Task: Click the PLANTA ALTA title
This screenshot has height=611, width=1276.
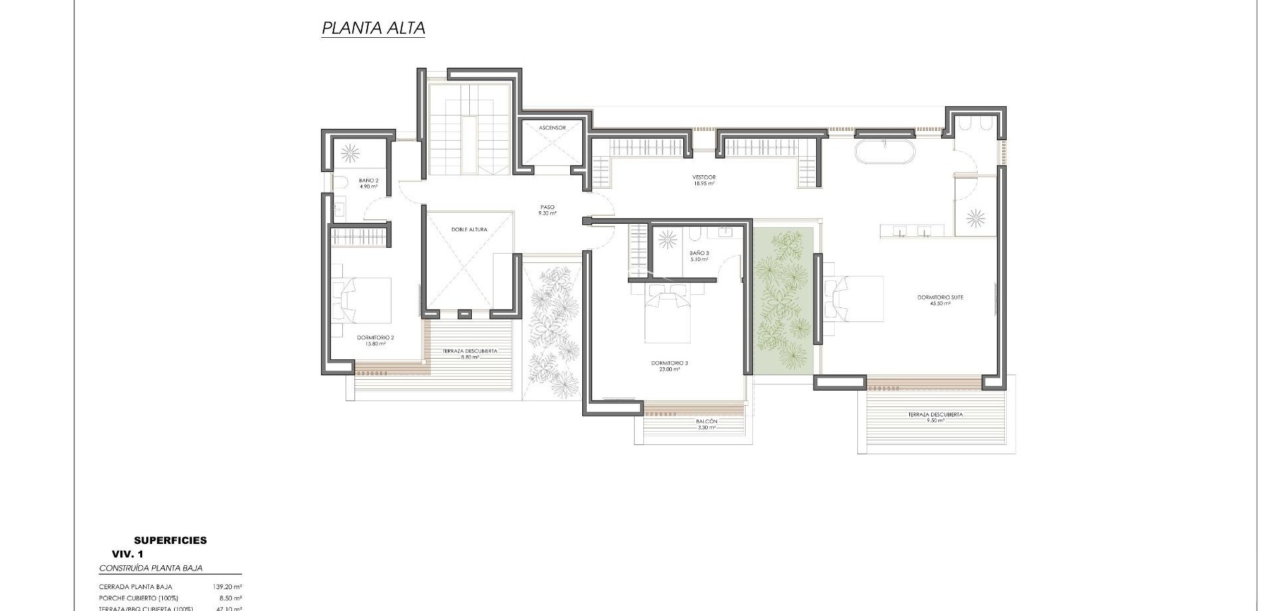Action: [x=373, y=29]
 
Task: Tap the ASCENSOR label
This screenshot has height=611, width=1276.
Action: [x=552, y=128]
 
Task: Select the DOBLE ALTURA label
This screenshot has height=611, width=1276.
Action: [x=469, y=230]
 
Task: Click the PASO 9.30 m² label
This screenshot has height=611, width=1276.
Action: [x=547, y=210]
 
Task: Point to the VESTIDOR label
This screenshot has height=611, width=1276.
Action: [x=704, y=179]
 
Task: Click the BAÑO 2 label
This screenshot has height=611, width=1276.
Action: [x=368, y=183]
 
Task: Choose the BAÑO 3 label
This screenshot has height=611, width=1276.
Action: [x=699, y=256]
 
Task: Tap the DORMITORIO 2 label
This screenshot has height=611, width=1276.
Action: [x=375, y=340]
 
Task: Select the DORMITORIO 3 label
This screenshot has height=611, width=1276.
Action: [x=669, y=365]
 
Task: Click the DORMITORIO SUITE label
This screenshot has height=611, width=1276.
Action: [x=940, y=300]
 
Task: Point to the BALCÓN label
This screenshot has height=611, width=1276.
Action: [x=706, y=424]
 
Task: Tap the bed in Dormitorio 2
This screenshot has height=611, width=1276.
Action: [x=364, y=300]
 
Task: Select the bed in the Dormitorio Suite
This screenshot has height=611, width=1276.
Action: [x=853, y=299]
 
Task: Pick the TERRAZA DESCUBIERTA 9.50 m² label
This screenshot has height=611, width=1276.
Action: [x=935, y=417]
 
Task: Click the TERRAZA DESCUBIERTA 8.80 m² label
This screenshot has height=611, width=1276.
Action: [x=469, y=353]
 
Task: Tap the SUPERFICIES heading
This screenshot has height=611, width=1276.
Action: [x=170, y=541]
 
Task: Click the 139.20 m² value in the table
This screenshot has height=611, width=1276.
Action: [x=227, y=587]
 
